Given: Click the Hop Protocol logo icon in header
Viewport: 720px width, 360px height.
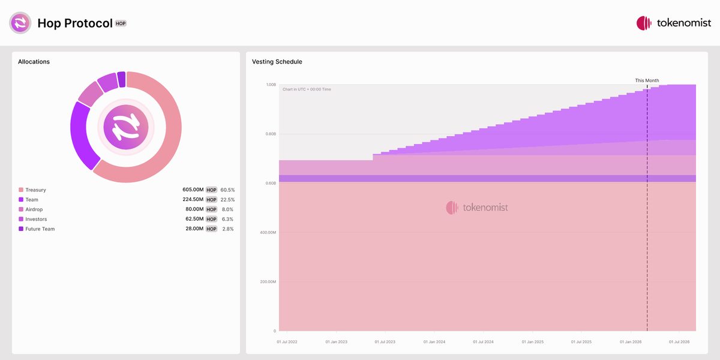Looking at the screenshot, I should click(x=20, y=23).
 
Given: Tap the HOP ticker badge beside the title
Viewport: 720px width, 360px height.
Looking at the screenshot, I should click(x=121, y=23).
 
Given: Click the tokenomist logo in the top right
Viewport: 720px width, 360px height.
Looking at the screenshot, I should click(x=673, y=23).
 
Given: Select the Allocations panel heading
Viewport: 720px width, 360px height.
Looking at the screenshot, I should click(x=34, y=62).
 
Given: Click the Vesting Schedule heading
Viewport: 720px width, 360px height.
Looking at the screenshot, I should click(x=277, y=62).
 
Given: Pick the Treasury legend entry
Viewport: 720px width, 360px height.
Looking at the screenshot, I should click(x=35, y=190).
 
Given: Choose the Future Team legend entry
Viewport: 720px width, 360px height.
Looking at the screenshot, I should click(x=40, y=229).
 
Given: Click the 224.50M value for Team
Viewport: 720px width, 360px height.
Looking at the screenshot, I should click(x=193, y=200).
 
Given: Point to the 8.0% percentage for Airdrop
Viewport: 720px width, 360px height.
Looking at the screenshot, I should click(x=227, y=209).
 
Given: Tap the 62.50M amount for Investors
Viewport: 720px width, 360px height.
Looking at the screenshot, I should click(x=194, y=219).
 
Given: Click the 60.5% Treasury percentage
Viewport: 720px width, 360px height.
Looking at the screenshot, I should click(x=227, y=190).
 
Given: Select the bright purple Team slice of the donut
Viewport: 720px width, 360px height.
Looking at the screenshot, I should click(x=80, y=136).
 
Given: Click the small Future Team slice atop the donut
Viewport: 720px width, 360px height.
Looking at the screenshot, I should click(x=122, y=79).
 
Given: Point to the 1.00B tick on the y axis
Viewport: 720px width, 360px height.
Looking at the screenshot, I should click(x=271, y=85).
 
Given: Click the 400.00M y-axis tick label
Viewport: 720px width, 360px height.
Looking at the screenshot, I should click(x=267, y=232).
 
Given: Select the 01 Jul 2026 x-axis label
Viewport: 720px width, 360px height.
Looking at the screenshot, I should click(x=679, y=342).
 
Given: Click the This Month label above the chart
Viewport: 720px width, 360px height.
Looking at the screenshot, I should click(x=647, y=80).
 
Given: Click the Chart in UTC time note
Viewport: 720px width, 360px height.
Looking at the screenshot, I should click(x=307, y=89).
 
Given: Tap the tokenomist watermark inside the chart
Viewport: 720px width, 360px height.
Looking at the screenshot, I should click(x=477, y=208).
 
